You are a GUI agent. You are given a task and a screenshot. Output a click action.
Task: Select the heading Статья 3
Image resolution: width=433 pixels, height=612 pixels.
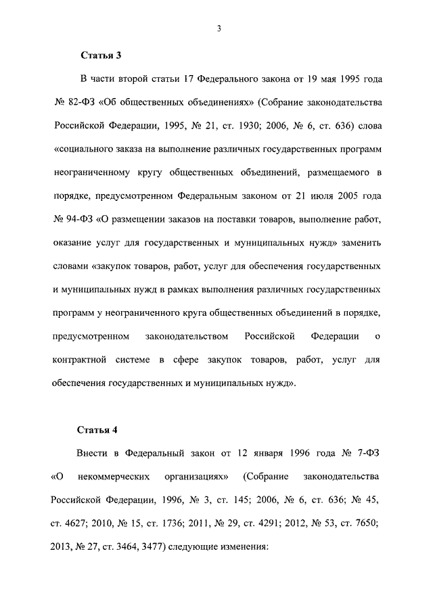[101, 54]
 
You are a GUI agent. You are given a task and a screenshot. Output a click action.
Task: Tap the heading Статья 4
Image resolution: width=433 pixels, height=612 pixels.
[101, 429]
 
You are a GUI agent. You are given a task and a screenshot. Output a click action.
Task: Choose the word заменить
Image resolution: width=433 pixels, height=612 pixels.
[360, 243]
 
